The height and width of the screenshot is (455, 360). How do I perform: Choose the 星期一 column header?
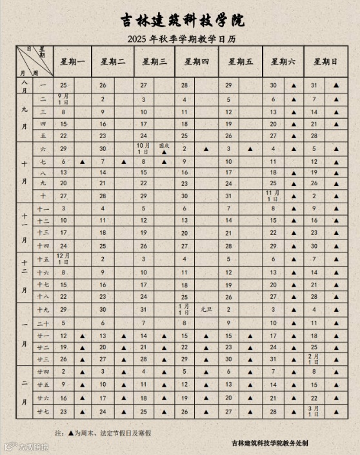73,62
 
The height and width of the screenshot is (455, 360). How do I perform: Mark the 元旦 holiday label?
206,309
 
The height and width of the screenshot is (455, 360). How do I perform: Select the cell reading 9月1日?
63,99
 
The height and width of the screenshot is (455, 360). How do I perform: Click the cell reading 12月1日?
63,259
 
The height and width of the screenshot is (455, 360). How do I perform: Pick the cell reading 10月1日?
143,148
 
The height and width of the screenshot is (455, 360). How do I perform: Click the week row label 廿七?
43,411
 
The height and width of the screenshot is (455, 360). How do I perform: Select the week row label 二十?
43,323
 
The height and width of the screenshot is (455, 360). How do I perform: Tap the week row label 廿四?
43,372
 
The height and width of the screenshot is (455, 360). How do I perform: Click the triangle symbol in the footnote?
71,432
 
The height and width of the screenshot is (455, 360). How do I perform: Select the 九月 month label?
24,111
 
